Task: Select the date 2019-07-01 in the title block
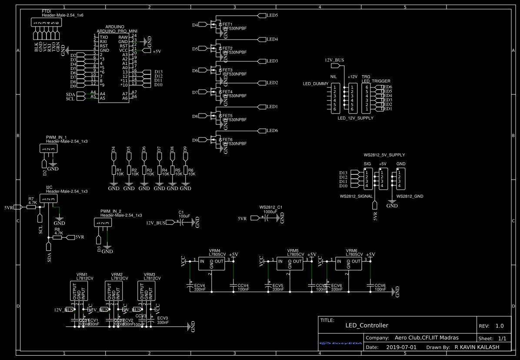401,347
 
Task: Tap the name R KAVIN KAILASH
477,347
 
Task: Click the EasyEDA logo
341,343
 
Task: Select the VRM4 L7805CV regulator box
211,263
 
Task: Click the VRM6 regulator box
348,263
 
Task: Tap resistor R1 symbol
113,170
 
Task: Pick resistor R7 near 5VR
31,207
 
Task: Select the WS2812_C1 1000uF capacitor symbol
269,218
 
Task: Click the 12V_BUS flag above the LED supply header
335,66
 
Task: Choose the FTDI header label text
47,10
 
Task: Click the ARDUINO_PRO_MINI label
117,31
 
